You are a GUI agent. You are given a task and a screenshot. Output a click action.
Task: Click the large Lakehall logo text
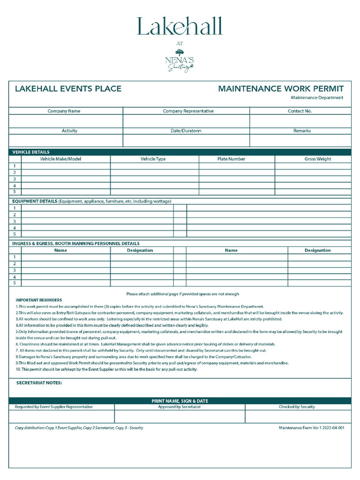pos(180,27)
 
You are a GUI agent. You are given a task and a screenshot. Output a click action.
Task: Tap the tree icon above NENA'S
pos(180,52)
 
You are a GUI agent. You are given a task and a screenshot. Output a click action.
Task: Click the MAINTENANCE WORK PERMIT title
pos(281,89)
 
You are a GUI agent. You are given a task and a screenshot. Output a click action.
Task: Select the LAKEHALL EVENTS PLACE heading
pos(68,89)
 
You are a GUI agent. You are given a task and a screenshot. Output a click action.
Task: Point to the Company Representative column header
pos(188,111)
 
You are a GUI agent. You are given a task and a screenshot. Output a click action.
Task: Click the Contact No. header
pos(300,111)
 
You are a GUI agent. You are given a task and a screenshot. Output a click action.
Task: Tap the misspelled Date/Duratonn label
pos(186,131)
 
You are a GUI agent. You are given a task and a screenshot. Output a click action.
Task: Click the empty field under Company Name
pos(66,121)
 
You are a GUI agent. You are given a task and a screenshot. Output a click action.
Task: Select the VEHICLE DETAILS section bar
pos(180,152)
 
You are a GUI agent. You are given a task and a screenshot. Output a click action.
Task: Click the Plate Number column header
pos(231,159)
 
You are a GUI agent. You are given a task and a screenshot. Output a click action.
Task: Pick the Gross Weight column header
pos(317,159)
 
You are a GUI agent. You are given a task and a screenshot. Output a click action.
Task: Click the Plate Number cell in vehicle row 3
pos(237,179)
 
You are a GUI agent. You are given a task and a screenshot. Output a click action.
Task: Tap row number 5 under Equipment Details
pos(15,234)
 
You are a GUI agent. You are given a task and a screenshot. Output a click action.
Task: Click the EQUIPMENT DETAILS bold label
pos(35,201)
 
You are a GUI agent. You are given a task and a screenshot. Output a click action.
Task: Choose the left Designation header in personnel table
pos(140,250)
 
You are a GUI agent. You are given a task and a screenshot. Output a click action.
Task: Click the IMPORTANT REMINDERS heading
pos(39,300)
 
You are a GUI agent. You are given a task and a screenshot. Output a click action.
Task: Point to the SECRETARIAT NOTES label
pos(39,383)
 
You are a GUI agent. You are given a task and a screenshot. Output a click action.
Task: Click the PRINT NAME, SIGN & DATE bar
pos(180,401)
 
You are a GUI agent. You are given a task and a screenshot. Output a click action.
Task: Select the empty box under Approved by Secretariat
pos(180,416)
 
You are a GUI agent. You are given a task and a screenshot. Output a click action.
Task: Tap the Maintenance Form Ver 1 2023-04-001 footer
pos(311,427)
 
